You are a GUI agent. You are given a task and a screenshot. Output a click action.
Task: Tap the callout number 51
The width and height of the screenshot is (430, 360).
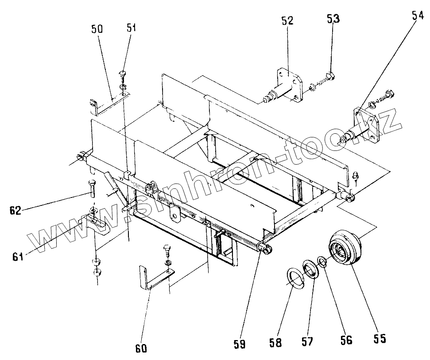(132, 28)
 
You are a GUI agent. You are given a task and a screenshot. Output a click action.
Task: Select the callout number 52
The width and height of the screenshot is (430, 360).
(287, 21)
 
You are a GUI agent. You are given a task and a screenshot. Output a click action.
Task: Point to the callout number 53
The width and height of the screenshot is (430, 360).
(333, 19)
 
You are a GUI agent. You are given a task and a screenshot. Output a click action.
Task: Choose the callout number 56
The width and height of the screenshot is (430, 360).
(346, 340)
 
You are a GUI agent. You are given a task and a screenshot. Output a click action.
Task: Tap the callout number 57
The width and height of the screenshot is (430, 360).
(307, 341)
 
